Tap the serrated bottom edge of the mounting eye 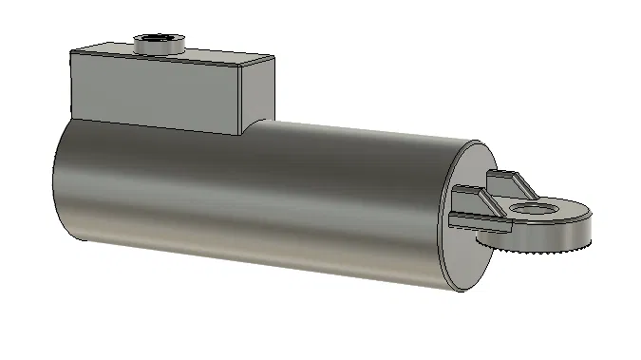click(x=532, y=249)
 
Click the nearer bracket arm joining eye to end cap click(x=475, y=220)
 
